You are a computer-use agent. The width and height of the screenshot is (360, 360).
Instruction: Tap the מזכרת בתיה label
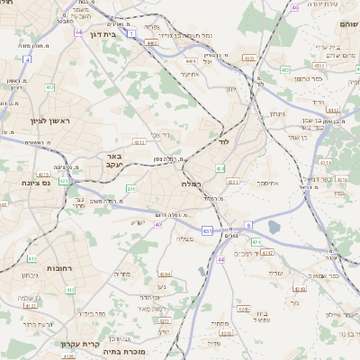pos(126,352)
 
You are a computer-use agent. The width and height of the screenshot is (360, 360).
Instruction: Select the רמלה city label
pos(193,184)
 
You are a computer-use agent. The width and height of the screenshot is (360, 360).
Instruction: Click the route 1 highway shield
pos(131,32)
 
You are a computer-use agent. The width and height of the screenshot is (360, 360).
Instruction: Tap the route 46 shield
pos(294,7)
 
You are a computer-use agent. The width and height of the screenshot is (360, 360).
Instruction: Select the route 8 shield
pos(248,224)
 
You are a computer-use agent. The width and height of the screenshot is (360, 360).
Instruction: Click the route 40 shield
pos(157,224)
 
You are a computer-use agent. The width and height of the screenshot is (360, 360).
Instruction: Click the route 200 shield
pos(131,188)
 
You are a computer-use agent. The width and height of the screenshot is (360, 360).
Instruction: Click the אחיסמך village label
pos(269,183)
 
